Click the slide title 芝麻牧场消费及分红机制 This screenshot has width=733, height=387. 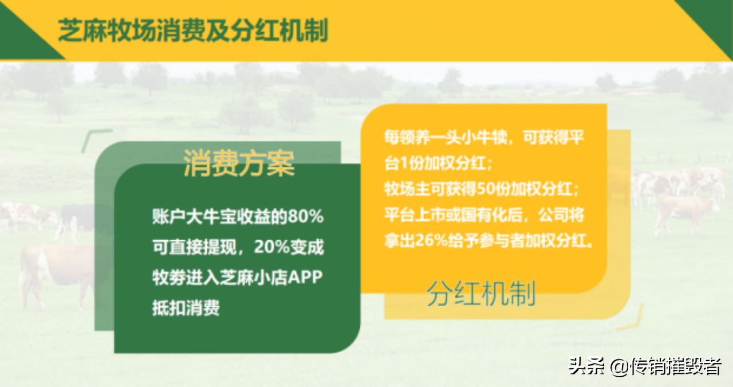click(193, 31)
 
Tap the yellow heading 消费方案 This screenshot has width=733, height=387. click(239, 163)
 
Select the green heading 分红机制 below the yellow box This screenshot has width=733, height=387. click(481, 294)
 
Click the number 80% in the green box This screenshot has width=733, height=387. click(306, 217)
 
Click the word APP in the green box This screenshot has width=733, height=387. click(305, 277)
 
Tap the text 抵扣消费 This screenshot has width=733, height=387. click(186, 308)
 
